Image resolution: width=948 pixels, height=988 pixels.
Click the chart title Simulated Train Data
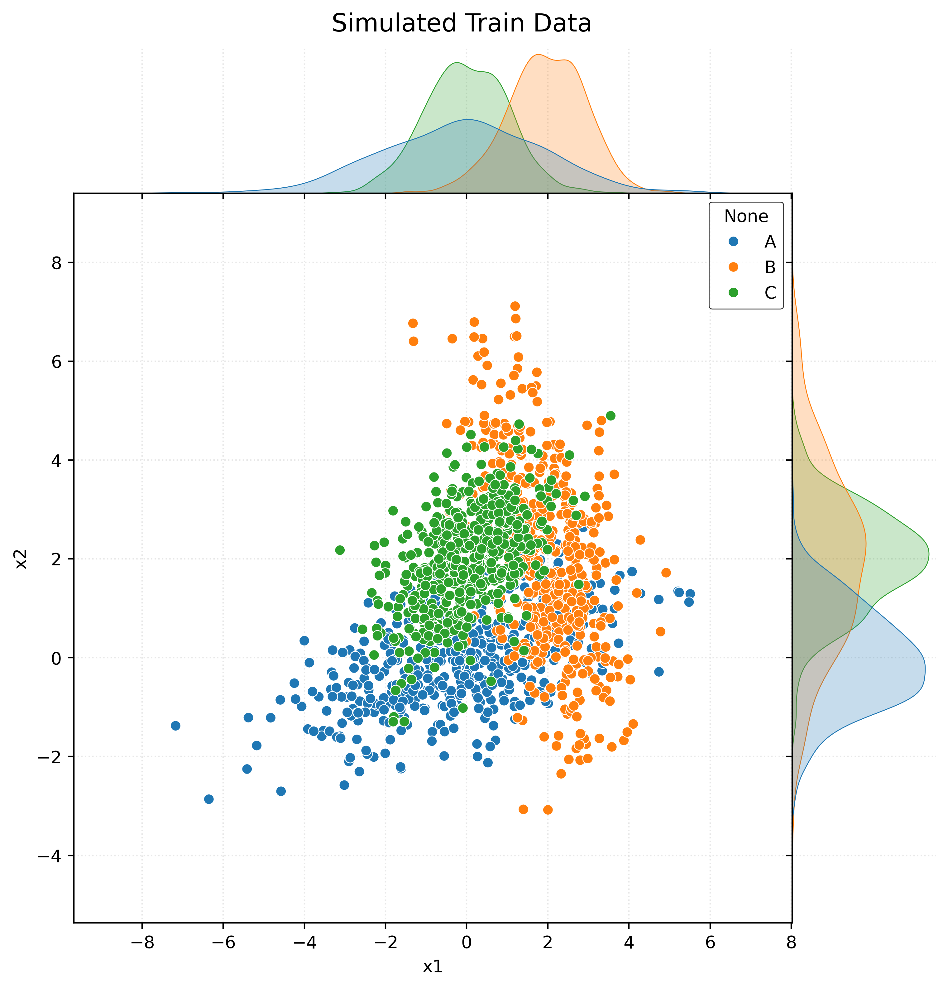(x=461, y=24)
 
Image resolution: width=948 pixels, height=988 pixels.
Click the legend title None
(x=746, y=216)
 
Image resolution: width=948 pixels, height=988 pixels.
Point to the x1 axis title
(x=433, y=966)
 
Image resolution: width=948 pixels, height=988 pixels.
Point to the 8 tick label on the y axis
(x=56, y=263)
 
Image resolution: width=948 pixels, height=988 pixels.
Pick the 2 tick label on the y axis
(x=56, y=559)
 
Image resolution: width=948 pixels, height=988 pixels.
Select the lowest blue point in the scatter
(x=209, y=799)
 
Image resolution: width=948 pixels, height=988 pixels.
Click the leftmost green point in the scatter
(x=340, y=550)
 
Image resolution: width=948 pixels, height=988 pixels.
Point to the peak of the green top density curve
(x=457, y=63)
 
